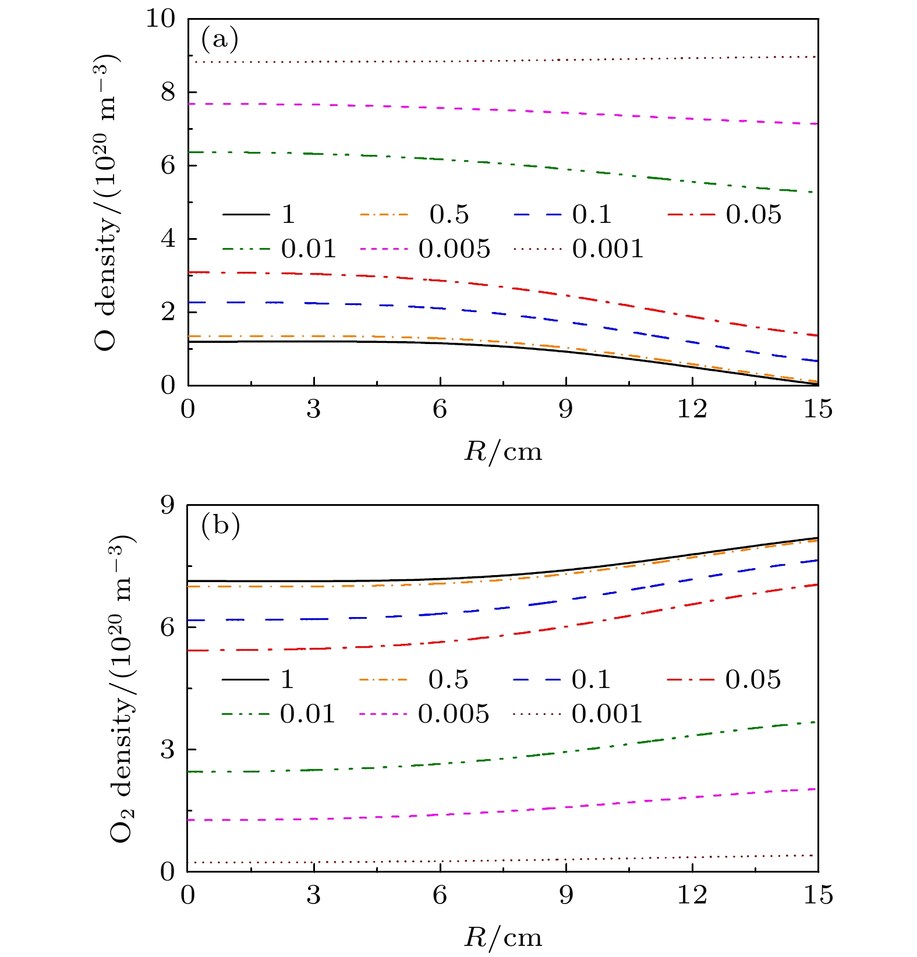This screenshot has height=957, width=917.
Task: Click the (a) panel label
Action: pyautogui.click(x=219, y=40)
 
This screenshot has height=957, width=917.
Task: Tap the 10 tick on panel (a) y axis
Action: pyautogui.click(x=160, y=19)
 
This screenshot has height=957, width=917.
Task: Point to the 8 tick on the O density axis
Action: pyautogui.click(x=168, y=93)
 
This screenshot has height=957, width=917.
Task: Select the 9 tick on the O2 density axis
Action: pyautogui.click(x=168, y=505)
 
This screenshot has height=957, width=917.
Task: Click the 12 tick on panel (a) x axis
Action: pyautogui.click(x=692, y=409)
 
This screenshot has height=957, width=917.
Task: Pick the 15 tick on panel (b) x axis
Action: pyautogui.click(x=818, y=895)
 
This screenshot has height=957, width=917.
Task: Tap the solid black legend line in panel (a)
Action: pyautogui.click(x=246, y=215)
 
